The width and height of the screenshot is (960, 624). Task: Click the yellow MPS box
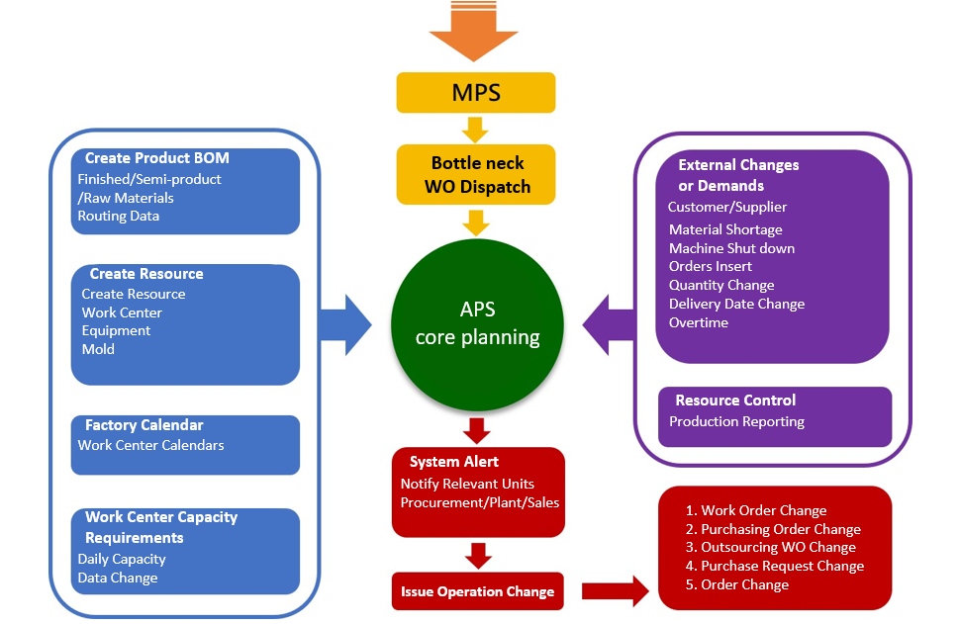coord(476,93)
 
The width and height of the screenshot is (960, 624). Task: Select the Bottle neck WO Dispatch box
coord(476,174)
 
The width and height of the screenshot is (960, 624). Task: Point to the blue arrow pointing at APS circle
coord(344,322)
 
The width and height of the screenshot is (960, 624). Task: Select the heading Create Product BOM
coord(156,158)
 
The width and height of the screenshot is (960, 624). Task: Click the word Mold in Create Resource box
coord(98,349)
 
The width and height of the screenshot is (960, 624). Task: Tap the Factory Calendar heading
coord(144,425)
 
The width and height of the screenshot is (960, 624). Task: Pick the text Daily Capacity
coord(122,559)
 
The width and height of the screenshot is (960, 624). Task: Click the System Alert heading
coord(454,462)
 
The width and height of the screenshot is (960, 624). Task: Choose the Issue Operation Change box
coord(477,591)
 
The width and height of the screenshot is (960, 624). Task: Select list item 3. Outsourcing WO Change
coord(771,547)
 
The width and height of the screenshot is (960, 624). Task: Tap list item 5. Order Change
coord(737,584)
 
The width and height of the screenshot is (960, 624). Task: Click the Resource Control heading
coord(735,401)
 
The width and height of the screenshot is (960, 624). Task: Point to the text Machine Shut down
coord(731,248)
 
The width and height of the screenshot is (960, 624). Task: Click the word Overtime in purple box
coord(698,322)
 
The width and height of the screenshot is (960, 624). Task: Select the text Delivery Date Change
coord(736,304)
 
